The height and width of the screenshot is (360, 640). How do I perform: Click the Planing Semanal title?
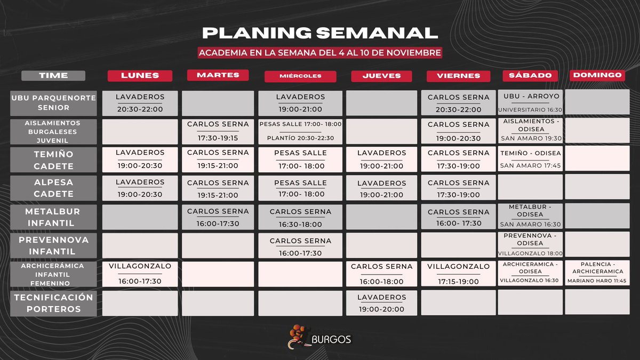[x=320, y=33]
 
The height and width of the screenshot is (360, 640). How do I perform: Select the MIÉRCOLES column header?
[x=300, y=76]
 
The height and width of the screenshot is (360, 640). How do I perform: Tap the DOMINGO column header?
[x=597, y=75]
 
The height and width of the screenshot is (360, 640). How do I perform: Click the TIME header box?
[x=53, y=76]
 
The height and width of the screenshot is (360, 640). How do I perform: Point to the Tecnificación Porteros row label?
[x=53, y=303]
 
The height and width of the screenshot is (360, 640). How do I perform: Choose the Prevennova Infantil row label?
[x=53, y=245]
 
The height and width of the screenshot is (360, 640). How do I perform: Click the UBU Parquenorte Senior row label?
[x=53, y=103]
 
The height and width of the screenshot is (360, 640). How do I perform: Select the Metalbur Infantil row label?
[x=53, y=217]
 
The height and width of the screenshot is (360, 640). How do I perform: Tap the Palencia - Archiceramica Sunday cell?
[x=597, y=274]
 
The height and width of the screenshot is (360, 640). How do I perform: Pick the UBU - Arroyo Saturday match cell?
[x=530, y=102]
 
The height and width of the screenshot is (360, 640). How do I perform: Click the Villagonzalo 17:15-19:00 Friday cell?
[x=459, y=274]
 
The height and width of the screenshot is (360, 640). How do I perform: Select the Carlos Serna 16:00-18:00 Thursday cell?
[x=382, y=274]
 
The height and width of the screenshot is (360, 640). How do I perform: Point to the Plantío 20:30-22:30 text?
[x=300, y=138]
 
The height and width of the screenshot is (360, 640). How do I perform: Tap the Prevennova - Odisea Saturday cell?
[x=530, y=245]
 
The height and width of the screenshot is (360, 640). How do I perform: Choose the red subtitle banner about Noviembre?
[x=320, y=53]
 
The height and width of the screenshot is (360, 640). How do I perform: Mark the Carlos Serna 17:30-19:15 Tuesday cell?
[x=218, y=131]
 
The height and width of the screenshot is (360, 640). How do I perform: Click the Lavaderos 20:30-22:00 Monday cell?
[x=140, y=103]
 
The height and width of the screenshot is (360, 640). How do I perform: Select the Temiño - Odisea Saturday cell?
[x=530, y=159]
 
